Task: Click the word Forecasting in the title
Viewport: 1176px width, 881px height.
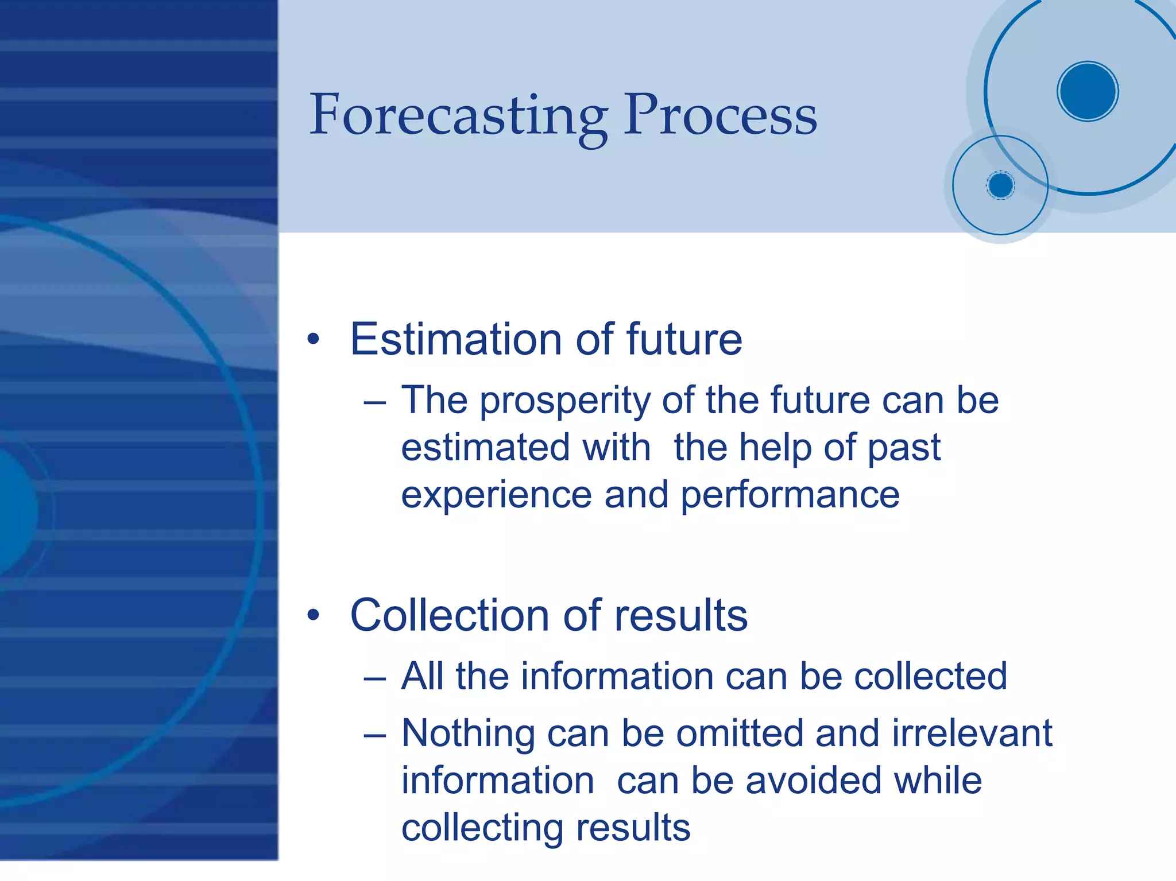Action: click(458, 117)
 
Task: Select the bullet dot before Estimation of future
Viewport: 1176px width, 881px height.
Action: click(313, 339)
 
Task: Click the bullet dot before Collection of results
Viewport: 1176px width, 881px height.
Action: click(313, 615)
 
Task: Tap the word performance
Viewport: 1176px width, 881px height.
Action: click(790, 496)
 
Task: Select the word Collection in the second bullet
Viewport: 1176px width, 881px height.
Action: click(450, 615)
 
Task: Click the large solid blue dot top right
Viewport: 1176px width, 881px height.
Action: click(1087, 91)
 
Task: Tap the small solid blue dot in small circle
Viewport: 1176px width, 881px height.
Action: click(1000, 185)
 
